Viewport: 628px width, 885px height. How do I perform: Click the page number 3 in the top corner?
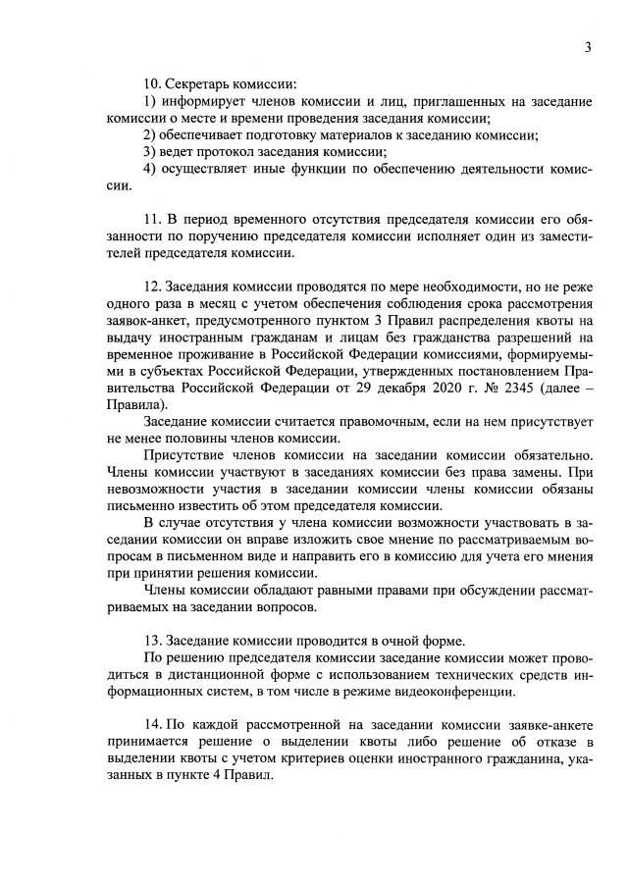pyautogui.click(x=587, y=48)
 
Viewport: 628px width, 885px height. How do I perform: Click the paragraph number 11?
pyautogui.click(x=152, y=216)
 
